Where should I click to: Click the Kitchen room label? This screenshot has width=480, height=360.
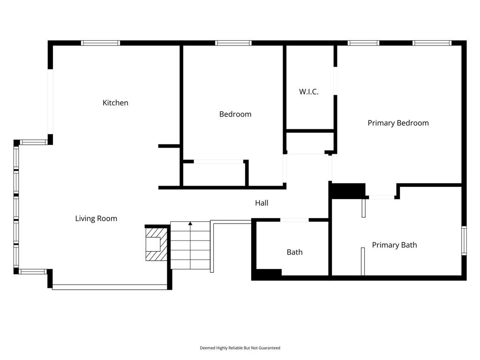[x=115, y=103]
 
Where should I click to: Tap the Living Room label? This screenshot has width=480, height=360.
[x=96, y=218]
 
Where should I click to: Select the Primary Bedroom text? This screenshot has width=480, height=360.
[x=398, y=123]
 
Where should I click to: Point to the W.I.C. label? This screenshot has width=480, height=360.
[x=308, y=91]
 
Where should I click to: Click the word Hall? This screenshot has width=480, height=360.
[x=262, y=202]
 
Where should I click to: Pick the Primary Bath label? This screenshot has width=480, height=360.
[x=394, y=245]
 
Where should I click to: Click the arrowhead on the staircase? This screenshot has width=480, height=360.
[x=190, y=224]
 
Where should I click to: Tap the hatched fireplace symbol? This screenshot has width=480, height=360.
[x=157, y=244]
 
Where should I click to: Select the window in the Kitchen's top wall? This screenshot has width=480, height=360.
[x=100, y=43]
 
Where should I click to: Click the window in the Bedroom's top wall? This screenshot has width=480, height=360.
[x=233, y=43]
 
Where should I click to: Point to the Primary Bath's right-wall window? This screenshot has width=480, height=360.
[x=464, y=240]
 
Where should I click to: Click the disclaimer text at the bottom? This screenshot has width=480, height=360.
[x=240, y=348]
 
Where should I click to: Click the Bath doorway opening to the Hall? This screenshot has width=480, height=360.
[x=294, y=220]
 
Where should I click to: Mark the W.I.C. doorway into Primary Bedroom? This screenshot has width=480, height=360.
[x=335, y=81]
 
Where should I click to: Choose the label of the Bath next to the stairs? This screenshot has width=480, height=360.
[x=294, y=252]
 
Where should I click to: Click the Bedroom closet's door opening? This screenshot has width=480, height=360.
[x=218, y=161]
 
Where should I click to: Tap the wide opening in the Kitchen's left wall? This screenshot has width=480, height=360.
[x=50, y=102]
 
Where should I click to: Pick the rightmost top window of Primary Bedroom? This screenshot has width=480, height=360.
[x=432, y=43]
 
